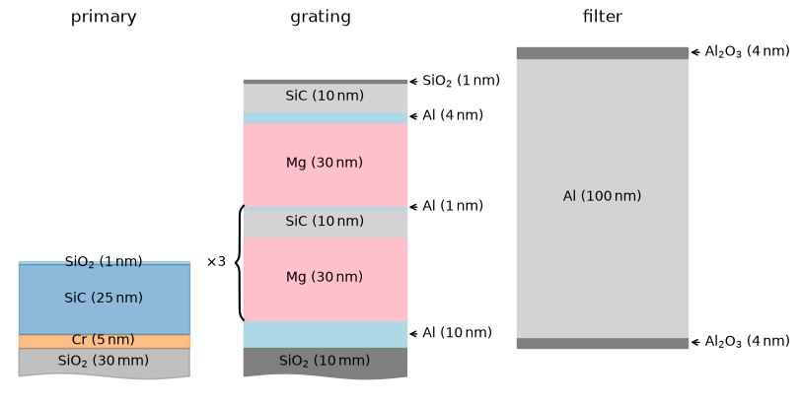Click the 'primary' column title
104,18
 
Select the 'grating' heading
321,18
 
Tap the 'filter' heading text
603,17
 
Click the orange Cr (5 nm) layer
105,341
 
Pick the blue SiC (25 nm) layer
105,299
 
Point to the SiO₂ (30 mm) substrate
105,363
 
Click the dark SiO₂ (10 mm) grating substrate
326,363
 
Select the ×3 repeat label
216,262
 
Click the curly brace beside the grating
239,263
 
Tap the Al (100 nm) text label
602,196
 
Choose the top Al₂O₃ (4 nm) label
747,51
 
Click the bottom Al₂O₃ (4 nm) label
747,341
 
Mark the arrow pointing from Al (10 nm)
413,334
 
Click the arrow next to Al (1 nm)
413,207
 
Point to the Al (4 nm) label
453,115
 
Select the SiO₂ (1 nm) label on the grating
462,81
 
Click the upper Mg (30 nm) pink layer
326,166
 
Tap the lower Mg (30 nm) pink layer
326,279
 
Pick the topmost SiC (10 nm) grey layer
326,98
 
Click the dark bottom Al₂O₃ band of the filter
603,343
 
